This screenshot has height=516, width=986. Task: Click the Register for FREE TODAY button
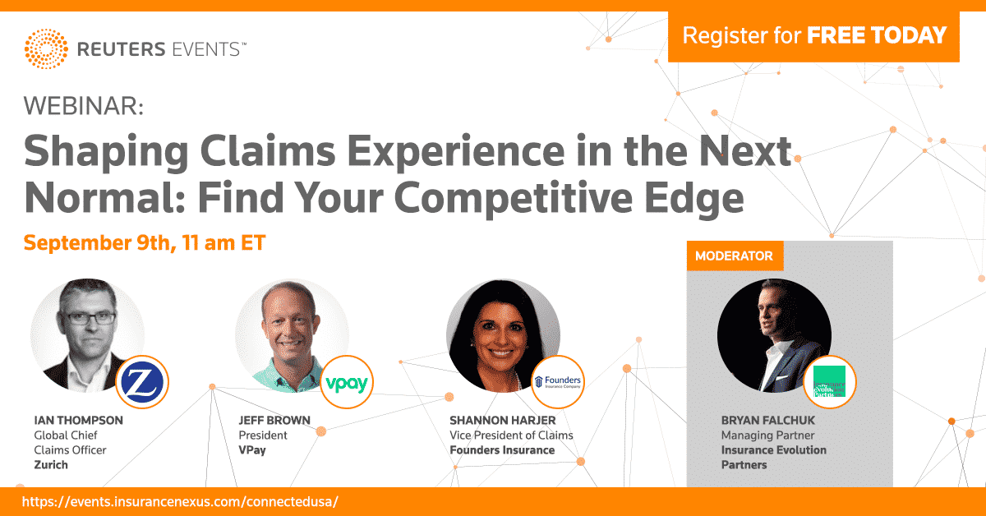pos(813,35)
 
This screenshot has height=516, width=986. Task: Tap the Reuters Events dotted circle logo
pos(47,49)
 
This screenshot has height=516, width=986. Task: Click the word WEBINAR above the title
pos(83,106)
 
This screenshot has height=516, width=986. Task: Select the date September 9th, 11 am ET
pos(145,243)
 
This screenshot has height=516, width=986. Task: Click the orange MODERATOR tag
pos(734,256)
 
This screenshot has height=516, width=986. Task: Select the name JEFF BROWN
pos(274,420)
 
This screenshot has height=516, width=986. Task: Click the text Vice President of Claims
pos(511,435)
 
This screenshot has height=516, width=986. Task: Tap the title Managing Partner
pos(767,435)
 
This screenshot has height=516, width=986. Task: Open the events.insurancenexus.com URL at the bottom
pos(180,500)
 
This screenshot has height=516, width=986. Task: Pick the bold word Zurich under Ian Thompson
pos(51,464)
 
